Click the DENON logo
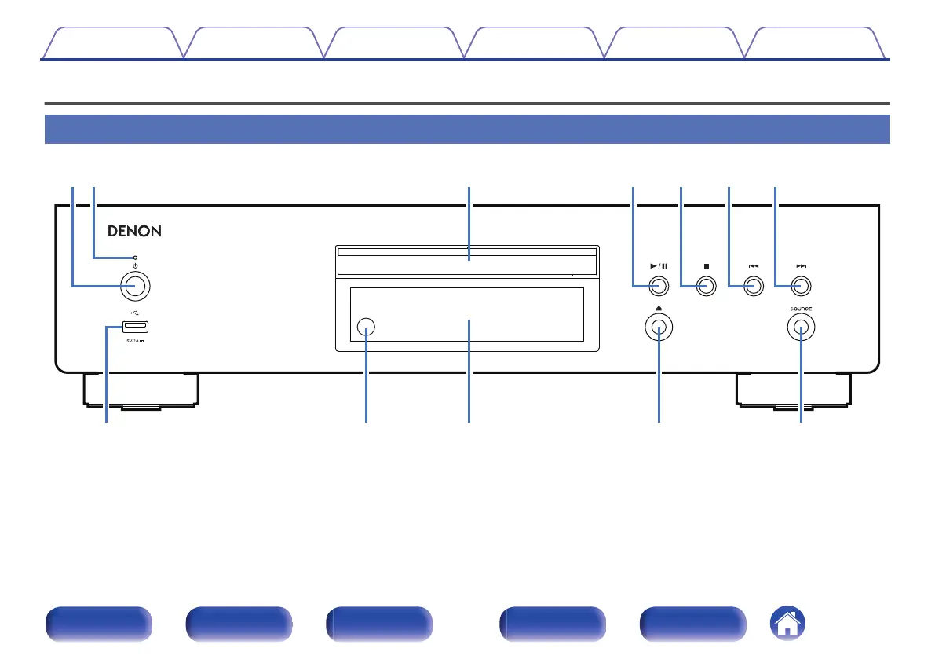tap(134, 232)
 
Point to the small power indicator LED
tap(136, 258)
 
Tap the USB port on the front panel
tap(135, 328)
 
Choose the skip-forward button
tap(801, 287)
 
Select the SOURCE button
tap(801, 329)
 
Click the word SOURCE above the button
tap(801, 309)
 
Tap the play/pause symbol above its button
tap(659, 266)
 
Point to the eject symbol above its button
tap(659, 309)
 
